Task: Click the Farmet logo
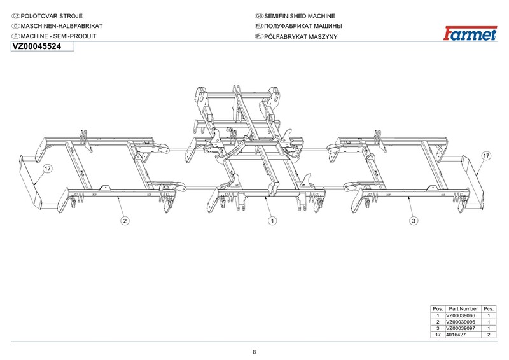[470, 33]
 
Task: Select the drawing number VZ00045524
[37, 46]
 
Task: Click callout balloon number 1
[272, 221]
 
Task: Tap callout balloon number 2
[125, 221]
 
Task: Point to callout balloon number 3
[413, 221]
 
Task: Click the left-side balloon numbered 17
[48, 169]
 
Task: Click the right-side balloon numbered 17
[486, 155]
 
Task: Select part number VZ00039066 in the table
[460, 315]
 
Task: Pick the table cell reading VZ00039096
[460, 322]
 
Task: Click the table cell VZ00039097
[460, 328]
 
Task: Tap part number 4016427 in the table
[456, 335]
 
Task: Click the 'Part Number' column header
[463, 308]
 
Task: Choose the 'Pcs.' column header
[489, 308]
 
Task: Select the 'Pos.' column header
[438, 308]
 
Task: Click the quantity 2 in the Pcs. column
[489, 335]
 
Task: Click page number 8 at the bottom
[254, 352]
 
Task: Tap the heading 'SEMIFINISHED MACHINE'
[299, 16]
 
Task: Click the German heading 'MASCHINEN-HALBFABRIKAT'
[61, 26]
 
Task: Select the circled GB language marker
[259, 16]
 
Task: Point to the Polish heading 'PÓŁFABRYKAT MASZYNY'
[300, 36]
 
